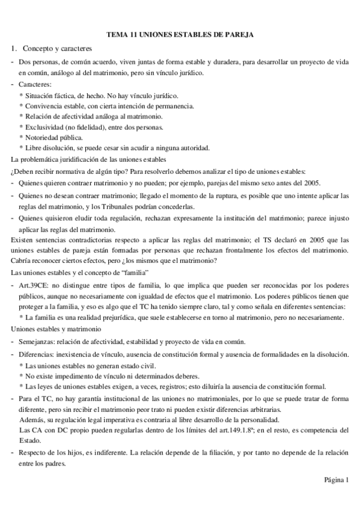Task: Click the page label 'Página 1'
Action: point(336,479)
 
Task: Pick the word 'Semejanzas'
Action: point(37,341)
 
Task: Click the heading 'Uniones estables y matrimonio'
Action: point(56,330)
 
